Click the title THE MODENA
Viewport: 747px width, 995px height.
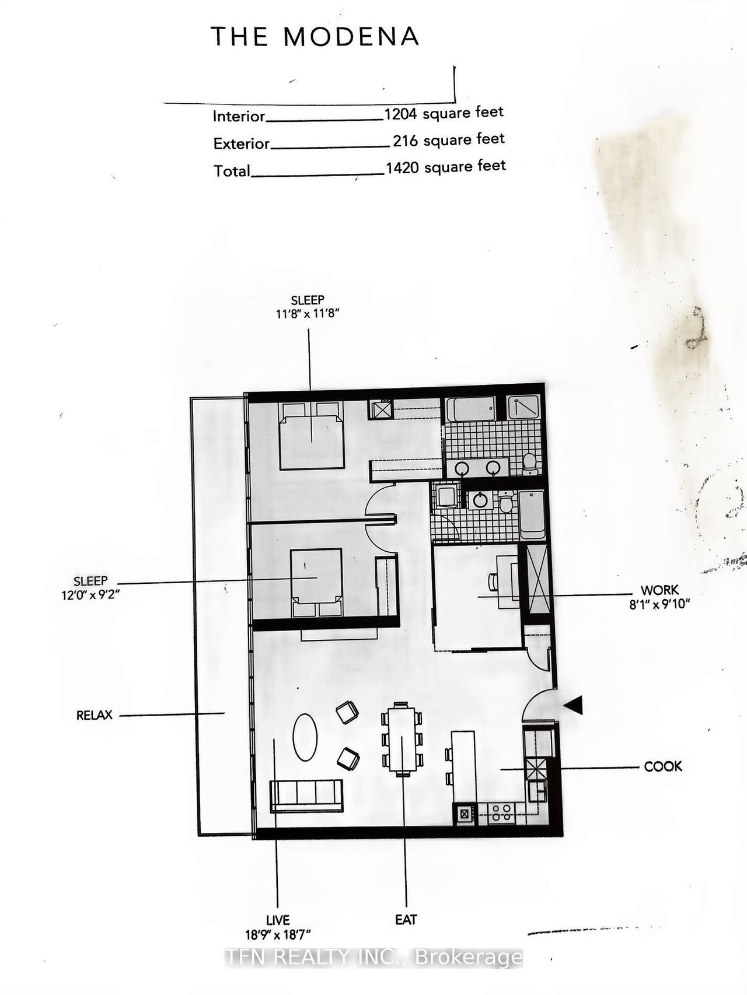(x=315, y=37)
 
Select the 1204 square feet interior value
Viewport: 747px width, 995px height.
(x=444, y=113)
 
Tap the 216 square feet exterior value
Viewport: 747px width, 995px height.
(x=448, y=140)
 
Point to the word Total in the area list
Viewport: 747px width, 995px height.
(x=232, y=171)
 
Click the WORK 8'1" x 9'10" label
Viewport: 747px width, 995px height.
(x=659, y=597)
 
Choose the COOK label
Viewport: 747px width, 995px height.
(x=662, y=766)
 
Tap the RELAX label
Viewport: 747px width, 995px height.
(x=94, y=715)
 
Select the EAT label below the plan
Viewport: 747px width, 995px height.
(x=406, y=920)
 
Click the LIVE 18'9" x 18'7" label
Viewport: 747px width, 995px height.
(x=277, y=927)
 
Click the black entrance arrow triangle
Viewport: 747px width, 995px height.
(x=574, y=706)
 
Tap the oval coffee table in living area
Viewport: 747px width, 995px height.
(x=305, y=737)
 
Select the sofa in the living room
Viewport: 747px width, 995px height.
(x=306, y=796)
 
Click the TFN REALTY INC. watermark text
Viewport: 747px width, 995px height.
(x=373, y=957)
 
